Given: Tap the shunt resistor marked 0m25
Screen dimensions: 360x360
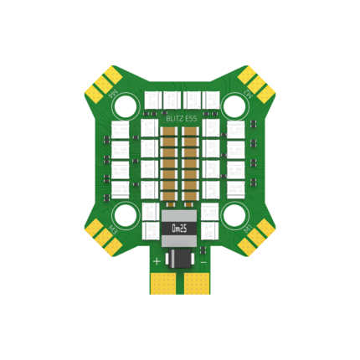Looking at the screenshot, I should (179, 228).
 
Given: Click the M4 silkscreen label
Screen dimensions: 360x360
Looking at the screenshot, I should (113, 94).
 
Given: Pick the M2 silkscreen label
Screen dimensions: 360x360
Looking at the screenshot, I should (246, 94).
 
